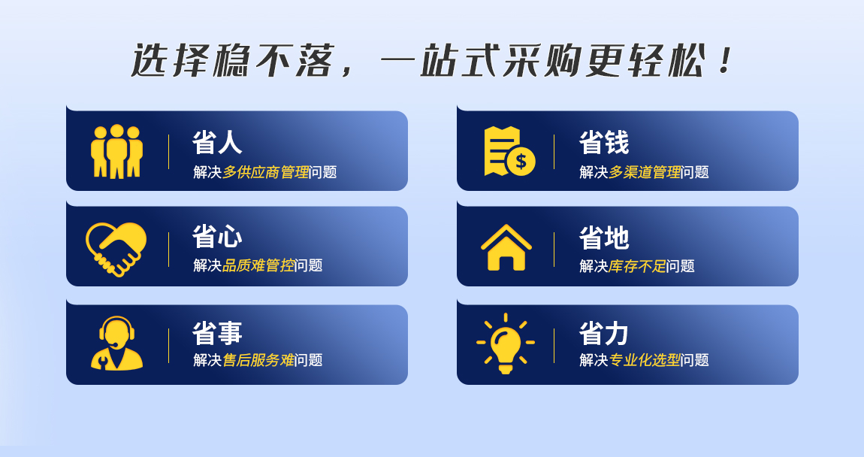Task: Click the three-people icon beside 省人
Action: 116,151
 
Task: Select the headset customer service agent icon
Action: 116,343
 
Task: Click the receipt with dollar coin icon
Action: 509,152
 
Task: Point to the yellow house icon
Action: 506,247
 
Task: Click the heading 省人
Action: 217,142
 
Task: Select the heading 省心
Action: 217,237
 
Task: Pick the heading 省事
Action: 217,333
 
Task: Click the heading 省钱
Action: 604,143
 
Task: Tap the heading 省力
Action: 604,334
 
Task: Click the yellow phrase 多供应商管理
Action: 266,172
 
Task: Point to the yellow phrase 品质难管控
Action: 258,265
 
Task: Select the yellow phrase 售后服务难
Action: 258,360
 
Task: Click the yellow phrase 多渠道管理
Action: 645,172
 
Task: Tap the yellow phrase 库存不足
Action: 638,266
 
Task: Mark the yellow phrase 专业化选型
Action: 645,360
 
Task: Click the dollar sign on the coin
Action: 521,162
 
